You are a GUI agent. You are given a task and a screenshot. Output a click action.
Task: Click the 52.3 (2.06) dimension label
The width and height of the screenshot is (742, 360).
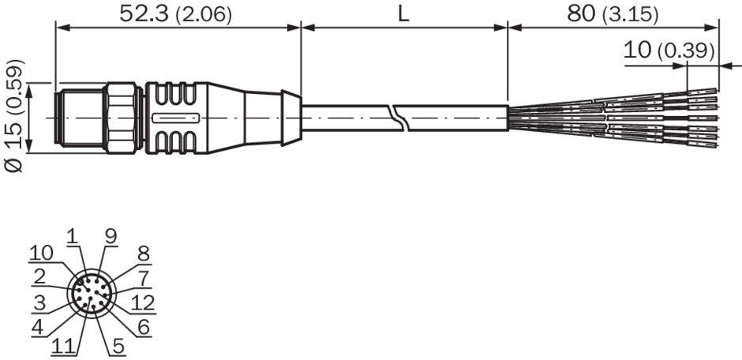[175, 14]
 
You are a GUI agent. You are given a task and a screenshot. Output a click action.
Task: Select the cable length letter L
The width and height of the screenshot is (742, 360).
[403, 14]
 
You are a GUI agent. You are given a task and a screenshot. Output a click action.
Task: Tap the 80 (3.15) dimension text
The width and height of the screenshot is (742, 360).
[613, 15]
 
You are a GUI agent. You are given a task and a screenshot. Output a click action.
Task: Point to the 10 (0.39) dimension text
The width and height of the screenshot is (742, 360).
[669, 51]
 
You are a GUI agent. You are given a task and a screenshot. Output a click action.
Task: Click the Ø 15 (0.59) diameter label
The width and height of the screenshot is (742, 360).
[15, 115]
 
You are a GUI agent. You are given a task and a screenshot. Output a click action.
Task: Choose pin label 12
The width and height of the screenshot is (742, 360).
[143, 302]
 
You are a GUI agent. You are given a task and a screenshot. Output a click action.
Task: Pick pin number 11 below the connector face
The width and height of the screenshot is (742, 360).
[63, 347]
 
